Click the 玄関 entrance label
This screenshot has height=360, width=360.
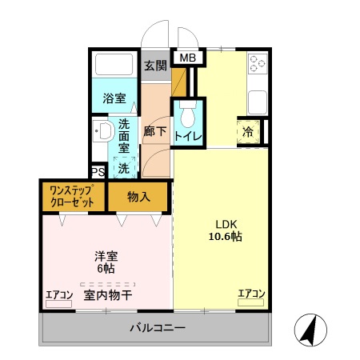(x=155, y=65)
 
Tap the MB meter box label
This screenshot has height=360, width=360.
(x=186, y=58)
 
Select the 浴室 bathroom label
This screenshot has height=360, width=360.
(x=114, y=99)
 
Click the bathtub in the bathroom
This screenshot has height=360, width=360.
(x=114, y=65)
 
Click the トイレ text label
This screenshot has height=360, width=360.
(x=189, y=137)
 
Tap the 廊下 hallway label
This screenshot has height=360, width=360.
(x=155, y=131)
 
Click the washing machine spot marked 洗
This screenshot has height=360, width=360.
(x=123, y=169)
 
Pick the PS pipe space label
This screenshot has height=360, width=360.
(x=98, y=172)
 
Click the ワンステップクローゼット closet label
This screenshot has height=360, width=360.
(x=72, y=196)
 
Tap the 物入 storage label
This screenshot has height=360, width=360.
(x=139, y=196)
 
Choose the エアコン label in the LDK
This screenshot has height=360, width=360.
(x=250, y=294)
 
